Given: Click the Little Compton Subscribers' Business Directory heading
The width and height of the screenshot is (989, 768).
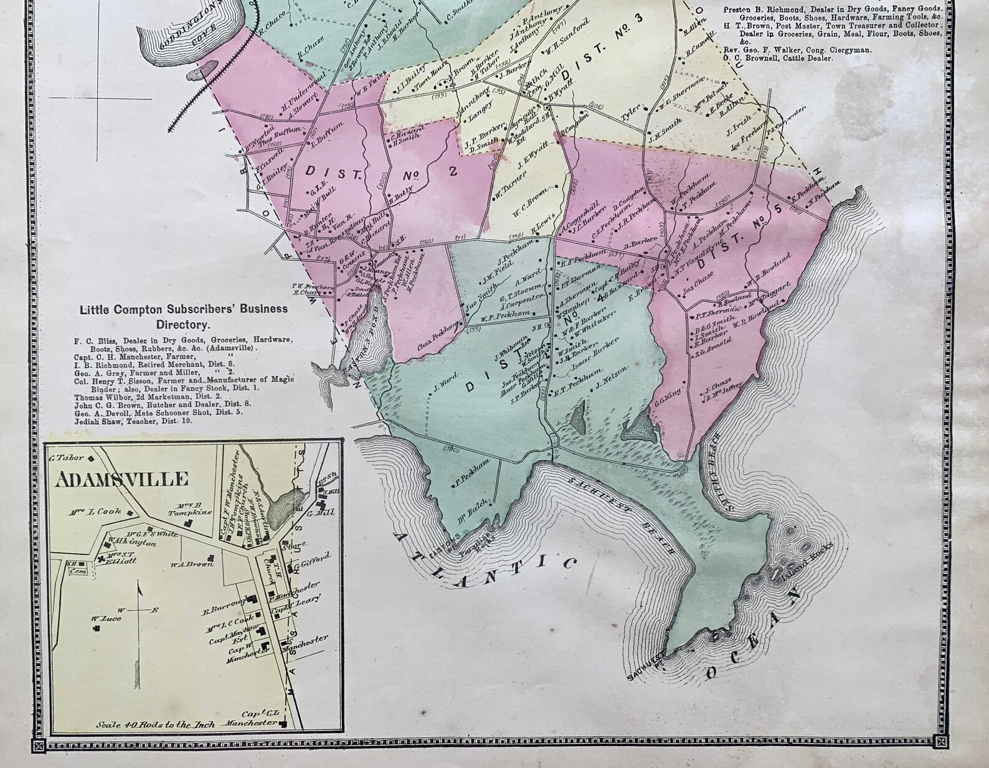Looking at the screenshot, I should point(183,316).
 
